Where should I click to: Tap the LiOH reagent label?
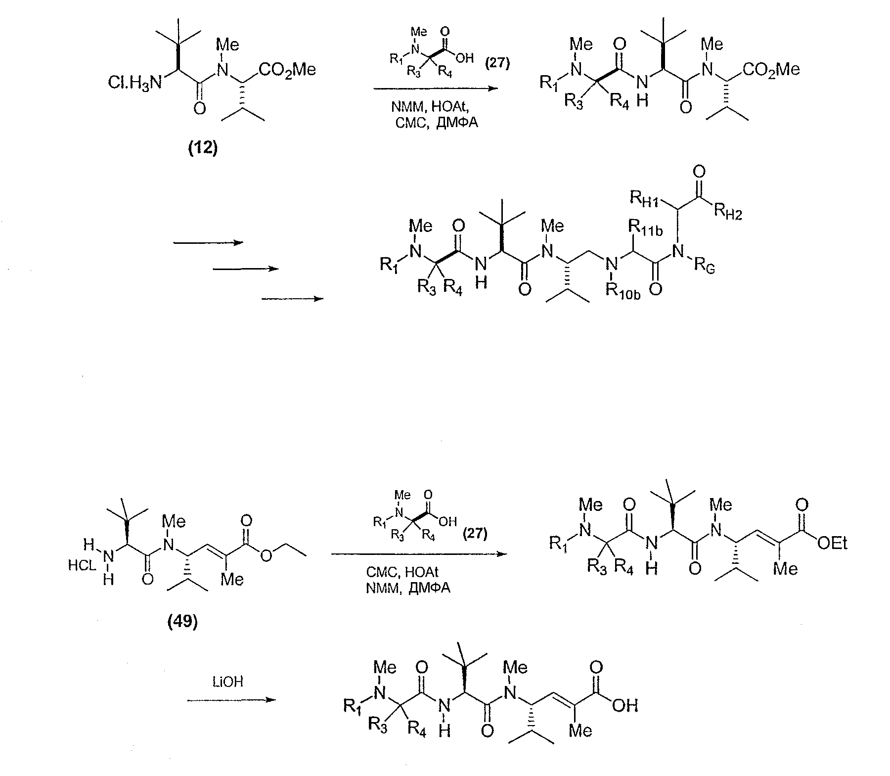227,682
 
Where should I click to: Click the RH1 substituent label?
645,199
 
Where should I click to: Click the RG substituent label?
704,267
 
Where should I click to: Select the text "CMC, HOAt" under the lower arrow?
402,572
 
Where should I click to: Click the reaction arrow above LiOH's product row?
230,700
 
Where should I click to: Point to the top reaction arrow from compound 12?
436,89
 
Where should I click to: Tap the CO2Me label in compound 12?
287,70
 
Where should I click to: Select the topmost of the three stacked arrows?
208,242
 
